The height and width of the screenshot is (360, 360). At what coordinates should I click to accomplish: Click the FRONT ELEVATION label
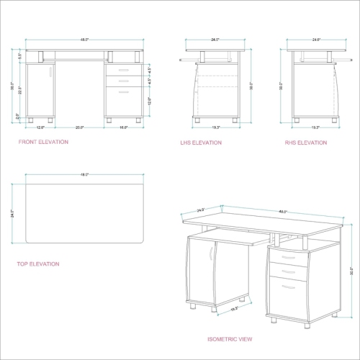(x=44, y=143)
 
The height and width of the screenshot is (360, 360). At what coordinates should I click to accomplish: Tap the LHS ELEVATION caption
(x=201, y=143)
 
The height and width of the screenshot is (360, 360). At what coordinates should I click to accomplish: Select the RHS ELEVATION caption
(x=305, y=143)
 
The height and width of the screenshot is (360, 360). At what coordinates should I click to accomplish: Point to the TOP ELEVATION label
(x=38, y=264)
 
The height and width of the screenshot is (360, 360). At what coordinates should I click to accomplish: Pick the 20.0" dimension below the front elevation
(x=81, y=127)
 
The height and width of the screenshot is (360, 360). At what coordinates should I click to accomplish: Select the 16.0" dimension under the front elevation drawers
(x=123, y=127)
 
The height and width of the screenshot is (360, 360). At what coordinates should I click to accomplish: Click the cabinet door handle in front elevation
(x=52, y=71)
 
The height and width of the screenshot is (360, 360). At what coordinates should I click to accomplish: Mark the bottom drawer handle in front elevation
(x=125, y=91)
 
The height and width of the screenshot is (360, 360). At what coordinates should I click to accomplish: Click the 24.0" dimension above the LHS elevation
(x=215, y=40)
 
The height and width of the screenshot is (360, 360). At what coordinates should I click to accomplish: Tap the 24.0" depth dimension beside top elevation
(x=12, y=213)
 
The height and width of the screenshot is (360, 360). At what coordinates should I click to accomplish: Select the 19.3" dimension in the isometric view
(x=235, y=309)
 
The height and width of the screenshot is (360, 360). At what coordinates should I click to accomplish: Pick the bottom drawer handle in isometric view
(x=288, y=287)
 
